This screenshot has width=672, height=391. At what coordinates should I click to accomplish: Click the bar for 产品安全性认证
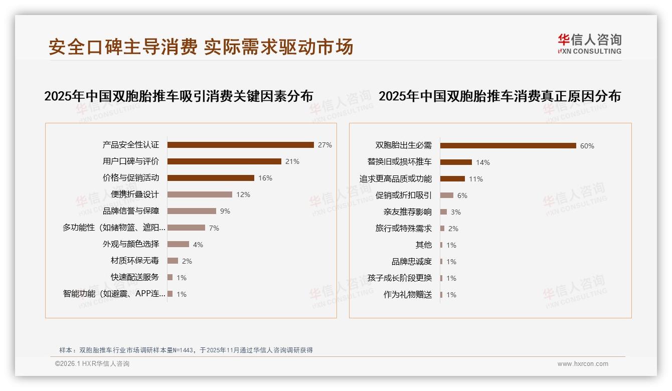(240, 145)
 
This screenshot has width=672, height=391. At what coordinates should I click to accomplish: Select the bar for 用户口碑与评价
(224, 161)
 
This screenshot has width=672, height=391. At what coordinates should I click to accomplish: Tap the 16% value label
(265, 178)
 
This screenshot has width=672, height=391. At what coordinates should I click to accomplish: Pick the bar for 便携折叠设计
(200, 194)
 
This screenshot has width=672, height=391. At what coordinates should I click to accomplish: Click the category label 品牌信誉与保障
(130, 211)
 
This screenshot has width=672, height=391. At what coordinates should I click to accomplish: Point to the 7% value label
(214, 228)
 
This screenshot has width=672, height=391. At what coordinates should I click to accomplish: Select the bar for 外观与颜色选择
(178, 244)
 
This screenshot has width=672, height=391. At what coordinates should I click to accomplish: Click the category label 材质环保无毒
(134, 261)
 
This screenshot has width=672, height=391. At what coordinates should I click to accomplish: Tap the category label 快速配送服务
(134, 277)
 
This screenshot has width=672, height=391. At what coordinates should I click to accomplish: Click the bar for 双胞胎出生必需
(508, 146)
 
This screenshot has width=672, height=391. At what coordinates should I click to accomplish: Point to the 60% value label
(587, 146)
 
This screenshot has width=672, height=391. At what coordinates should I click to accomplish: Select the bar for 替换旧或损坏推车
(456, 162)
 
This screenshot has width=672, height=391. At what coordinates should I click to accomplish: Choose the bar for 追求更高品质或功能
(452, 178)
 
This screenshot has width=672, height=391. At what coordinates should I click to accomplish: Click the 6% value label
(462, 195)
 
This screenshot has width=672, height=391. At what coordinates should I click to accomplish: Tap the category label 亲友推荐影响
(407, 212)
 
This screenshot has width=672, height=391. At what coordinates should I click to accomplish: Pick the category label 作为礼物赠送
(407, 295)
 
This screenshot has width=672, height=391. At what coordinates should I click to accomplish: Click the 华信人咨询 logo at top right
(589, 44)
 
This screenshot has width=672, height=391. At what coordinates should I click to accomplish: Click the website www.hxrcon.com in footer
(583, 364)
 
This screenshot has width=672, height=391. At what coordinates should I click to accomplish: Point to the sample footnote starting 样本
(186, 350)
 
